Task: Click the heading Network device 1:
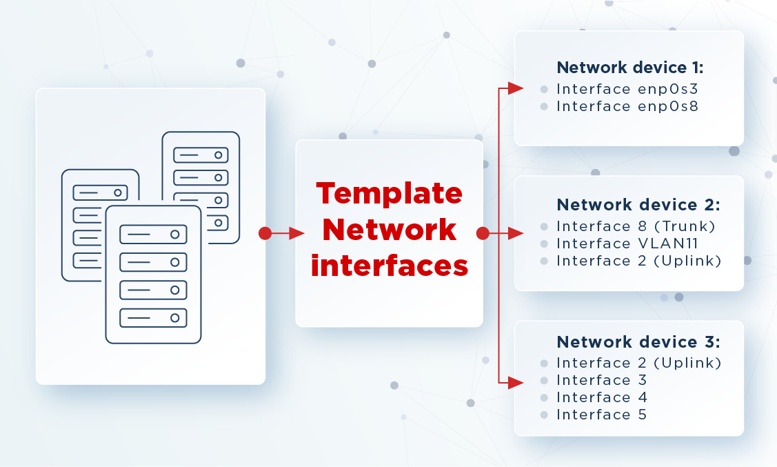tap(630, 68)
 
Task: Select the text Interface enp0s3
tap(627, 89)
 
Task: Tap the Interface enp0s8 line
tap(627, 107)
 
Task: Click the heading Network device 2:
tap(638, 205)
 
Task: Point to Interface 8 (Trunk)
tap(636, 226)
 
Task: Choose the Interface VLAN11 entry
tap(627, 244)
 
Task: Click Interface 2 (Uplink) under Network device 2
tap(638, 261)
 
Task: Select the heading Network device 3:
tap(638, 342)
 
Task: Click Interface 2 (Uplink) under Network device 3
tap(638, 363)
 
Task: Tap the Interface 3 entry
tap(602, 380)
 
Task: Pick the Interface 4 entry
tap(602, 397)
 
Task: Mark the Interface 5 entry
tap(602, 415)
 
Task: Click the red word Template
tap(390, 194)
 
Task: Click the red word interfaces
tap(390, 266)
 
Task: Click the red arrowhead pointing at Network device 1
tap(516, 89)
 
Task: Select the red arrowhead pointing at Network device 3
tap(516, 383)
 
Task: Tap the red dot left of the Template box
tap(265, 233)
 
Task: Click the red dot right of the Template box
tap(483, 233)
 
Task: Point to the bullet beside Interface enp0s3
tap(544, 90)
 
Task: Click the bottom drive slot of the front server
tap(153, 318)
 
